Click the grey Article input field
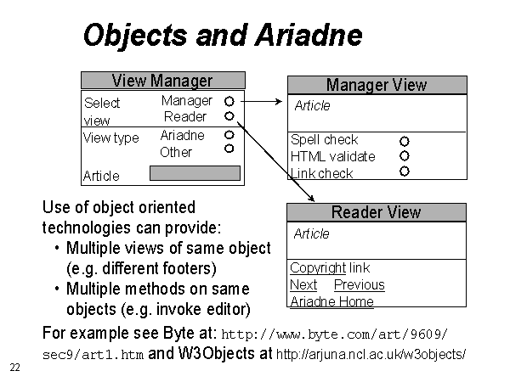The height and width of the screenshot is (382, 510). (x=195, y=173)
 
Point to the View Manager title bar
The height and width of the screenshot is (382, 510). (x=163, y=81)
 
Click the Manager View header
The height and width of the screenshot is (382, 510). (x=377, y=85)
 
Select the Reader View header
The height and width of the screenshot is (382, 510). (x=377, y=213)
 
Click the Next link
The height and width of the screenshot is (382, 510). (x=303, y=285)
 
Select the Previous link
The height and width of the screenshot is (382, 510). (x=360, y=285)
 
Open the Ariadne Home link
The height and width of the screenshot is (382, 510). (x=331, y=301)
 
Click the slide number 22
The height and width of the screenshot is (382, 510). (x=15, y=368)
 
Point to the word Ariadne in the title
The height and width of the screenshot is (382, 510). (x=309, y=35)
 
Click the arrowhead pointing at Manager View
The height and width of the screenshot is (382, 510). (x=279, y=102)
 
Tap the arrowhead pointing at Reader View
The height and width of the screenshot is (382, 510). (x=312, y=198)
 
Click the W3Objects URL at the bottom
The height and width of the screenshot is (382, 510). (x=371, y=354)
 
